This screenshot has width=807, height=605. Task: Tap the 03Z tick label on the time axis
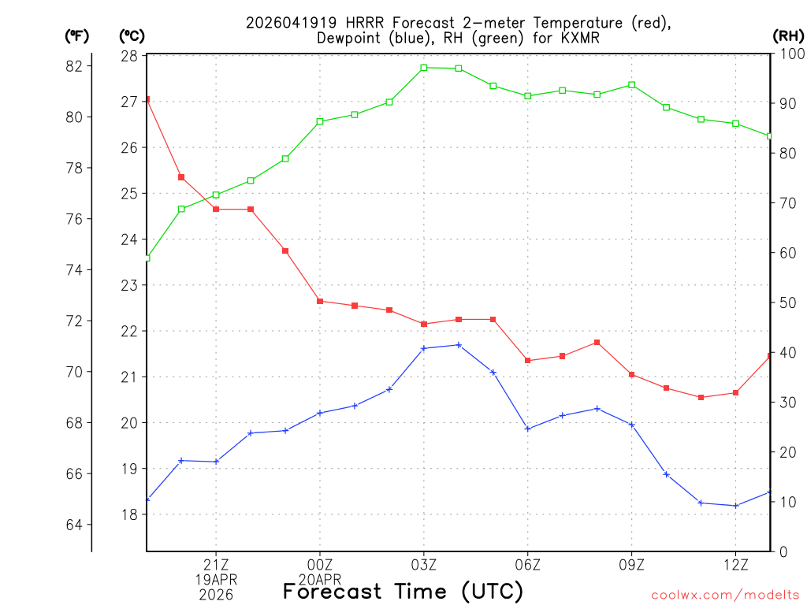point(424,564)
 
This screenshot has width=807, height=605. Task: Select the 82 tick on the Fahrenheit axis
point(74,66)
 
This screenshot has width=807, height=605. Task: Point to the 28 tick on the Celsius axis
point(129,56)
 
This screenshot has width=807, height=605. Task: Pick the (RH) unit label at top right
point(788,35)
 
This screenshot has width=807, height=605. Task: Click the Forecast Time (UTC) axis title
point(403,591)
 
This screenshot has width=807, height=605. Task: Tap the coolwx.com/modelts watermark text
point(725,595)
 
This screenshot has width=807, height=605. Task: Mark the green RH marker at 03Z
point(424,68)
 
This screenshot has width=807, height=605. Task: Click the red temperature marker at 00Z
point(320,301)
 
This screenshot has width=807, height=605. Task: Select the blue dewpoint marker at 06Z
point(528,429)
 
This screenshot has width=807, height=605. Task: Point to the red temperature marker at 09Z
point(632,374)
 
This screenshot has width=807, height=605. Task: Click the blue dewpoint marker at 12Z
point(735,506)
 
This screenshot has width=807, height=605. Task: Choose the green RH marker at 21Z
point(216,195)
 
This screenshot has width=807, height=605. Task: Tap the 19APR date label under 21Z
point(216,580)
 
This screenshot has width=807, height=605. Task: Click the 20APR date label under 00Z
point(320,580)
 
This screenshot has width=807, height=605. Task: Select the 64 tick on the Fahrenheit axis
point(74,525)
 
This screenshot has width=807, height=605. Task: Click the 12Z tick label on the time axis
point(735,564)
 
